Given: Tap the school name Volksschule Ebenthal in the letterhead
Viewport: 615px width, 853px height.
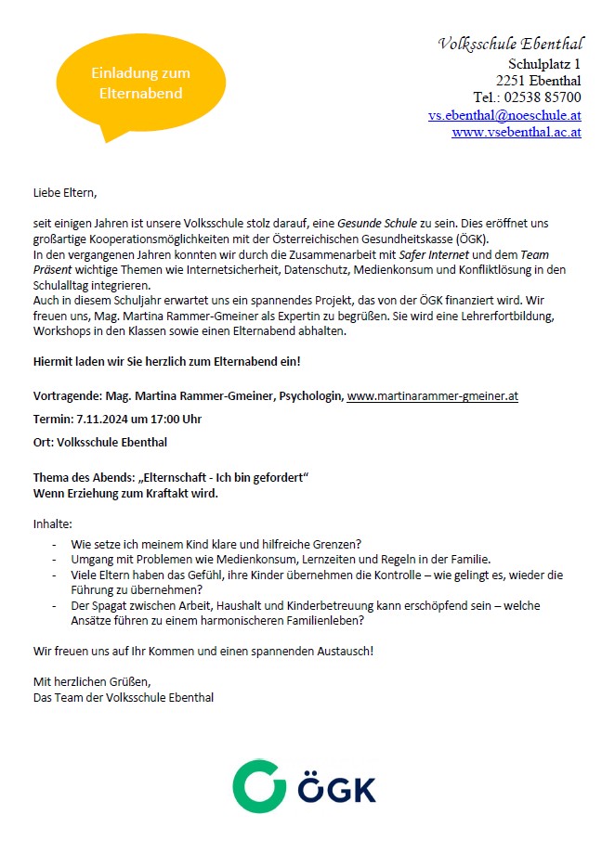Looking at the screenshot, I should click(x=510, y=44).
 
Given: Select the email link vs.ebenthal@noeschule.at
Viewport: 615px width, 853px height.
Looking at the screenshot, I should click(x=504, y=115).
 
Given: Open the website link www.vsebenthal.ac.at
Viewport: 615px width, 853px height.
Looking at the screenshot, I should click(x=517, y=132).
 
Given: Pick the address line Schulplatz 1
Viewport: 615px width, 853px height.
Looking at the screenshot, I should click(x=544, y=64).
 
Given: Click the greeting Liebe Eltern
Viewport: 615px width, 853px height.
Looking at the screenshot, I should click(x=64, y=193).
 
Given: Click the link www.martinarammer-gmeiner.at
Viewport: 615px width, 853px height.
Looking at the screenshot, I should click(x=432, y=396).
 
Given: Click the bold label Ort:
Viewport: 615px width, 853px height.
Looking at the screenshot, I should click(x=45, y=442).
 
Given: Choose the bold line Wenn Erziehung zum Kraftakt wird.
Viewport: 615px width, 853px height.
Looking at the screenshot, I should click(x=125, y=493).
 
